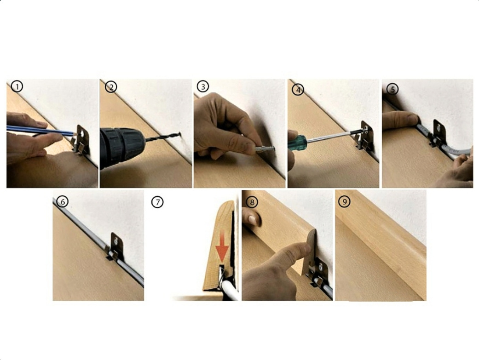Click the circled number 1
pyautogui.click(x=17, y=86)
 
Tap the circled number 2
pyautogui.click(x=111, y=87)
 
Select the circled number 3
pyautogui.click(x=203, y=86)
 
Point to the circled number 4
pyautogui.click(x=298, y=90)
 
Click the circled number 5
pyautogui.click(x=393, y=89)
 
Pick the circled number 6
pyautogui.click(x=63, y=202)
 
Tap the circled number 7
pyautogui.click(x=157, y=202)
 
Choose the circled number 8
pyautogui.click(x=252, y=202)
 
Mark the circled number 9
pyautogui.click(x=345, y=201)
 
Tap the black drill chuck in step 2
pyautogui.click(x=122, y=148)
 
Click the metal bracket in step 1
pyautogui.click(x=81, y=140)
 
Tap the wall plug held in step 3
pyautogui.click(x=265, y=149)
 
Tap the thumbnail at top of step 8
pyautogui.click(x=252, y=220)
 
